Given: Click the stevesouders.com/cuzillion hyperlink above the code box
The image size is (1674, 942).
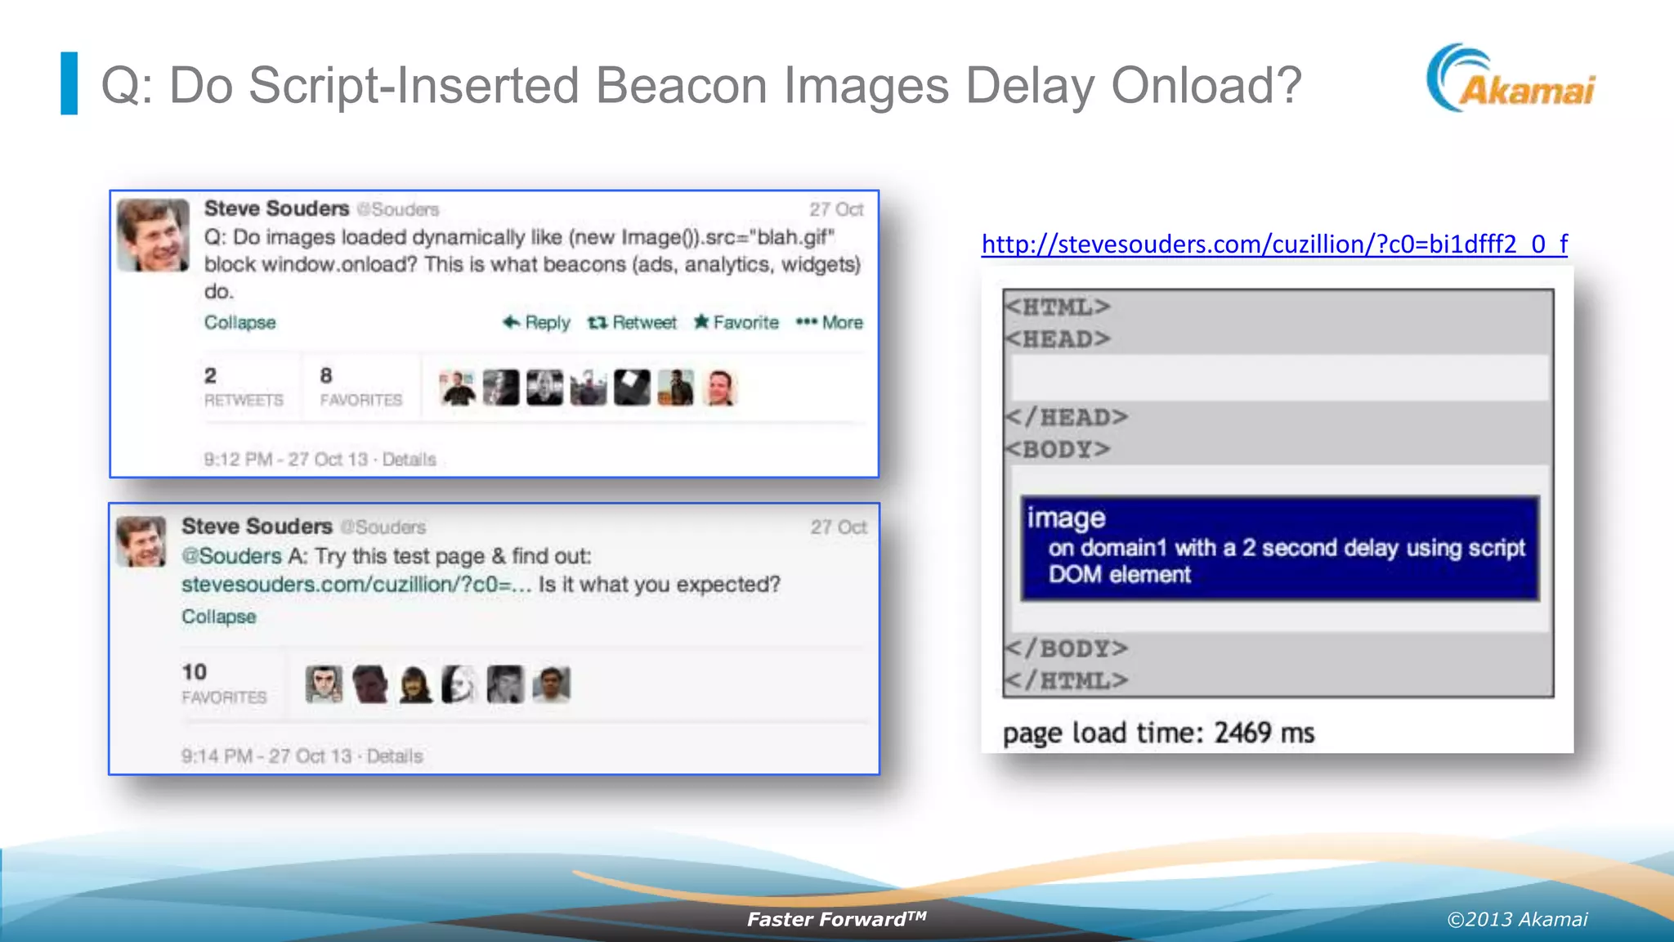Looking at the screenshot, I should click(1273, 244).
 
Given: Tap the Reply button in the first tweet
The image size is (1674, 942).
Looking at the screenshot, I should click(536, 322).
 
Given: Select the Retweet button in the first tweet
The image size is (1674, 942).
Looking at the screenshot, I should click(632, 322).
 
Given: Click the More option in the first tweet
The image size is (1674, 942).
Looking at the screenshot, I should click(830, 322).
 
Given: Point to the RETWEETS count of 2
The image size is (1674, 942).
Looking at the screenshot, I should click(243, 387).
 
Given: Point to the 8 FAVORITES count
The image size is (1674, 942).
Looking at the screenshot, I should click(360, 387).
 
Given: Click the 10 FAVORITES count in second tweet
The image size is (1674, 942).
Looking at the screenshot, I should click(223, 683).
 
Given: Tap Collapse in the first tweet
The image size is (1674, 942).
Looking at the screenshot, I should click(239, 322).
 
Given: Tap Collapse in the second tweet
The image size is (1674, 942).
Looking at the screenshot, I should click(218, 617).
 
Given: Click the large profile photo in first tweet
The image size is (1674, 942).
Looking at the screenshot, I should click(154, 235).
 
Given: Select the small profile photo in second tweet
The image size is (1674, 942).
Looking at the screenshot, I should click(141, 541).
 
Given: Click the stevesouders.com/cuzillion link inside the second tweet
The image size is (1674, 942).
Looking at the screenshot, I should click(356, 585).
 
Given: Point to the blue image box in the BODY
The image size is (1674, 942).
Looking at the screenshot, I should click(1279, 548).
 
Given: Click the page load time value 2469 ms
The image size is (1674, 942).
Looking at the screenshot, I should click(1264, 733).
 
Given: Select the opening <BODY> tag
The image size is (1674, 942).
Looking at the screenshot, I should click(1058, 449).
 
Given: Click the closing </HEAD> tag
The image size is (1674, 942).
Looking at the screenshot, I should click(1067, 417).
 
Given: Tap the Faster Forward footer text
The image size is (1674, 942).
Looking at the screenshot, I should click(836, 919).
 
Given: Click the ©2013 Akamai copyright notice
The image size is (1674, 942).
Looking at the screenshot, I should click(1517, 919).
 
